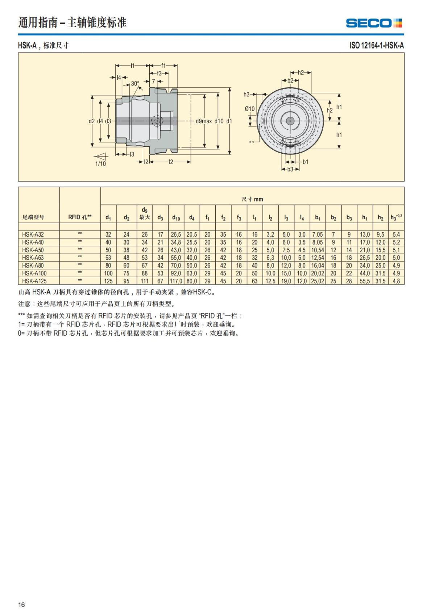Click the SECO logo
[374, 23]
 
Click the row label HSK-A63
[33, 258]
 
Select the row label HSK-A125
[34, 281]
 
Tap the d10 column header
[176, 217]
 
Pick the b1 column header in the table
[318, 217]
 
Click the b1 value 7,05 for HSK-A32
[318, 234]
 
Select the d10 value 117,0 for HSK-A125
[176, 281]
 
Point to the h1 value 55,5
[365, 281]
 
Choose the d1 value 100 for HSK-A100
[108, 273]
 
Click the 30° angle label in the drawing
[135, 83]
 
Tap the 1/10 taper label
[100, 164]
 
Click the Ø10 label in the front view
[249, 109]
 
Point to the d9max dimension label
[204, 121]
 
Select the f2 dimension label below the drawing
[170, 162]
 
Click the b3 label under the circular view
[290, 169]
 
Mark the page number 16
[22, 604]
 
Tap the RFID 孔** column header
[80, 217]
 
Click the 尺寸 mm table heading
[252, 199]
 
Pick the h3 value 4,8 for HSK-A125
[396, 281]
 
